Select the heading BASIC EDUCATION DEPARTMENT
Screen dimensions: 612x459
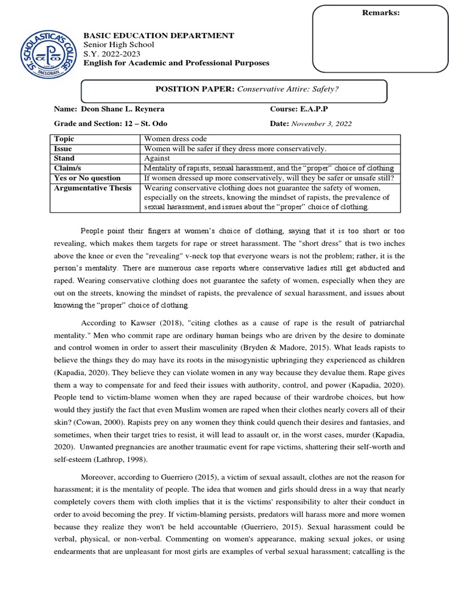click(x=158, y=36)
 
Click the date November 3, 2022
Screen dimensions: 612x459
click(x=321, y=124)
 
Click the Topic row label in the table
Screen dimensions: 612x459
click(x=64, y=139)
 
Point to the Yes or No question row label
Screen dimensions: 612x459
click(x=87, y=178)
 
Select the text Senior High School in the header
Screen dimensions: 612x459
click(x=118, y=45)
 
